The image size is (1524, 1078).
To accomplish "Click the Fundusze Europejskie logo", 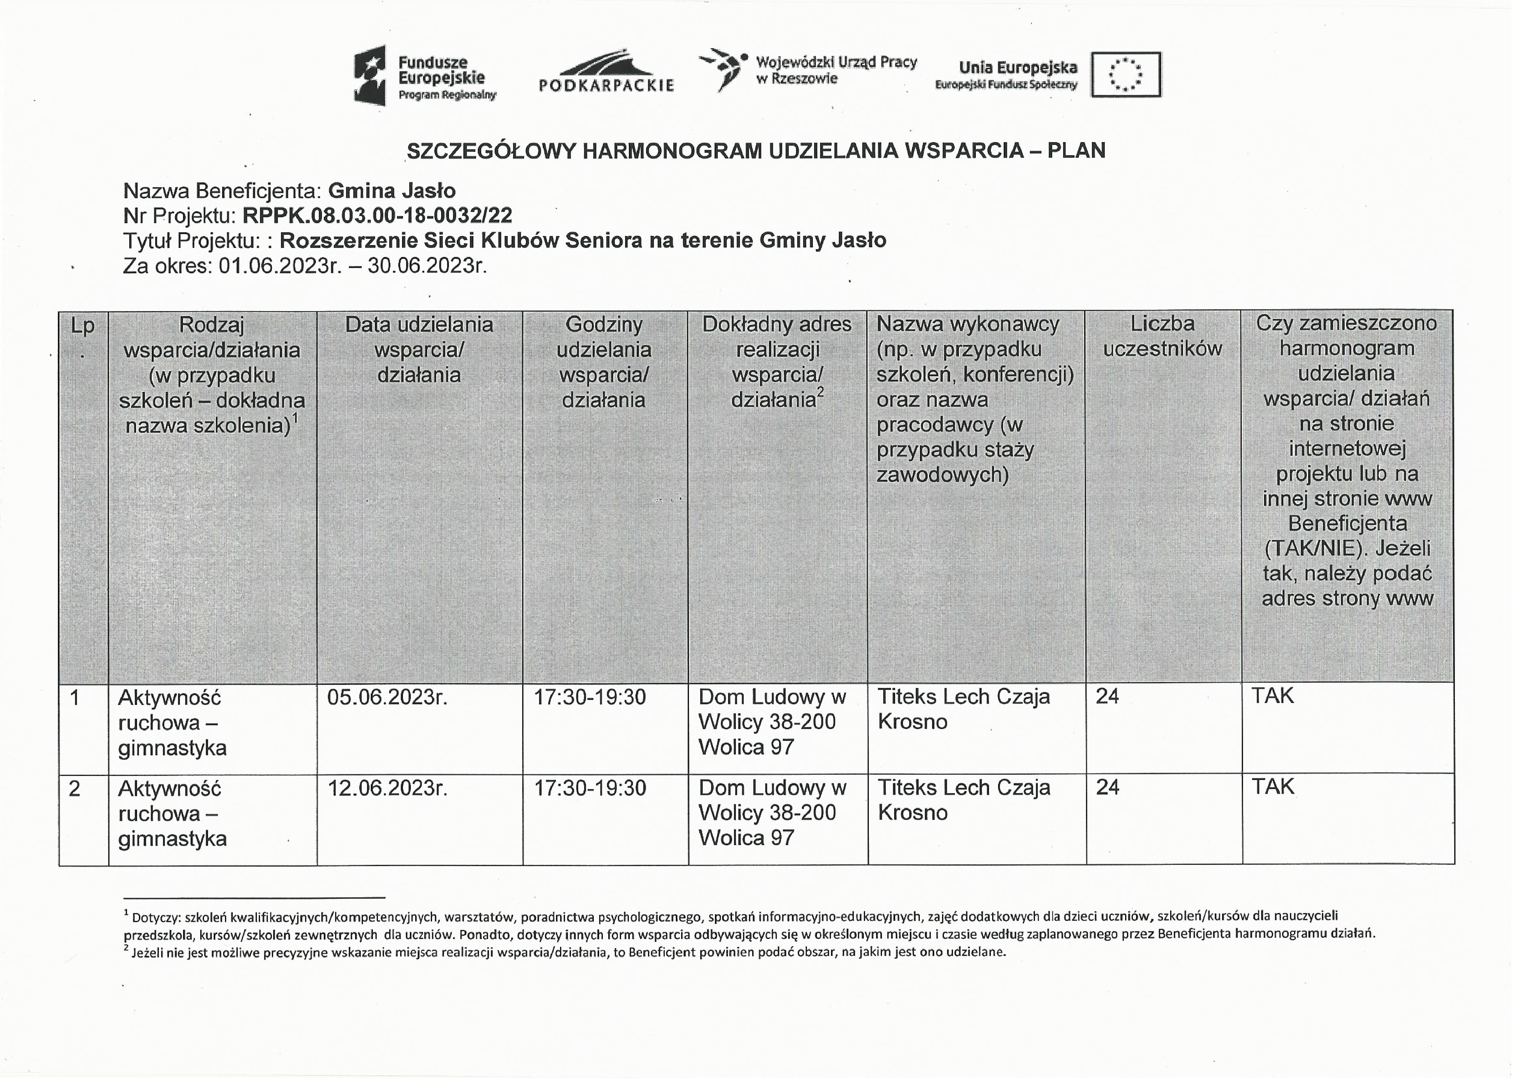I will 425,76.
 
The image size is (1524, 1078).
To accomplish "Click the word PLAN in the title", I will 1076,151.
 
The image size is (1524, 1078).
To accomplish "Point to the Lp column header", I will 83,326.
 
